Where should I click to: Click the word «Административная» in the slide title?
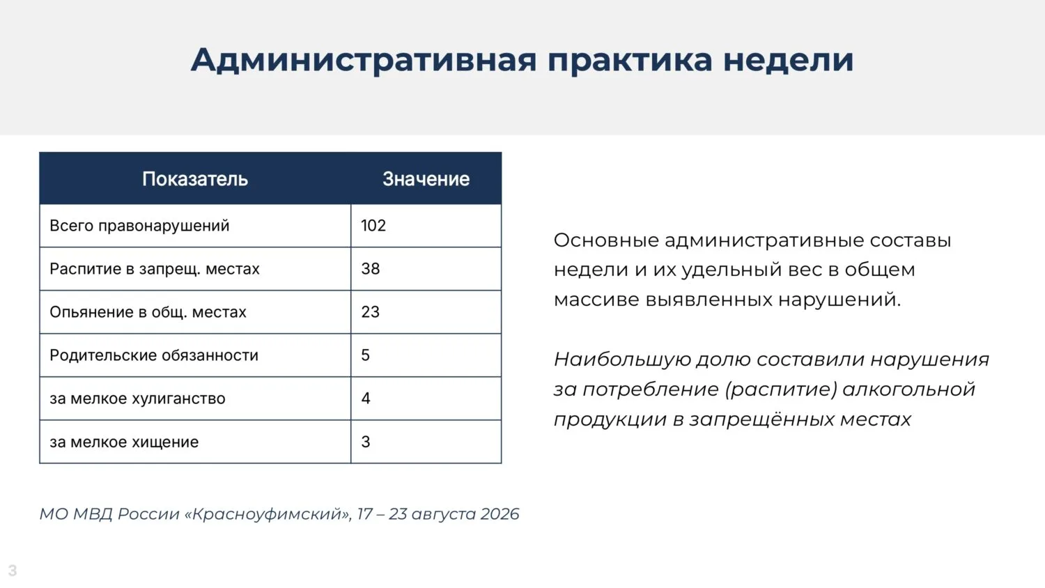point(364,61)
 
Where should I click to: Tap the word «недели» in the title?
point(789,61)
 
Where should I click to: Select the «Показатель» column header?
point(195,179)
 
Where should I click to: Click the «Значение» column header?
point(426,179)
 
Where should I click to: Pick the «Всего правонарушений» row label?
point(139,226)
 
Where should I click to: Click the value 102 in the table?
point(373,226)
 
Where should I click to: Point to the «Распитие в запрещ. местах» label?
point(155,269)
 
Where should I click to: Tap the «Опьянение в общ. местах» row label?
point(148,312)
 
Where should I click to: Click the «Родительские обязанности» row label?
point(154,355)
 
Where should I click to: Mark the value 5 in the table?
point(365,355)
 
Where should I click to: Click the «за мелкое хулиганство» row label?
point(138,399)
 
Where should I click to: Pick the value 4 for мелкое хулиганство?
point(366,398)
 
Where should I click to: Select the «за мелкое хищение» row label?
point(124,442)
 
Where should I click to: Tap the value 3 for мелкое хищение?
point(366,442)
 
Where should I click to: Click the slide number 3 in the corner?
point(13,571)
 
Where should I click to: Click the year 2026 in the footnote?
point(500,514)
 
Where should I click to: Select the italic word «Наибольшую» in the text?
point(622,359)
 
